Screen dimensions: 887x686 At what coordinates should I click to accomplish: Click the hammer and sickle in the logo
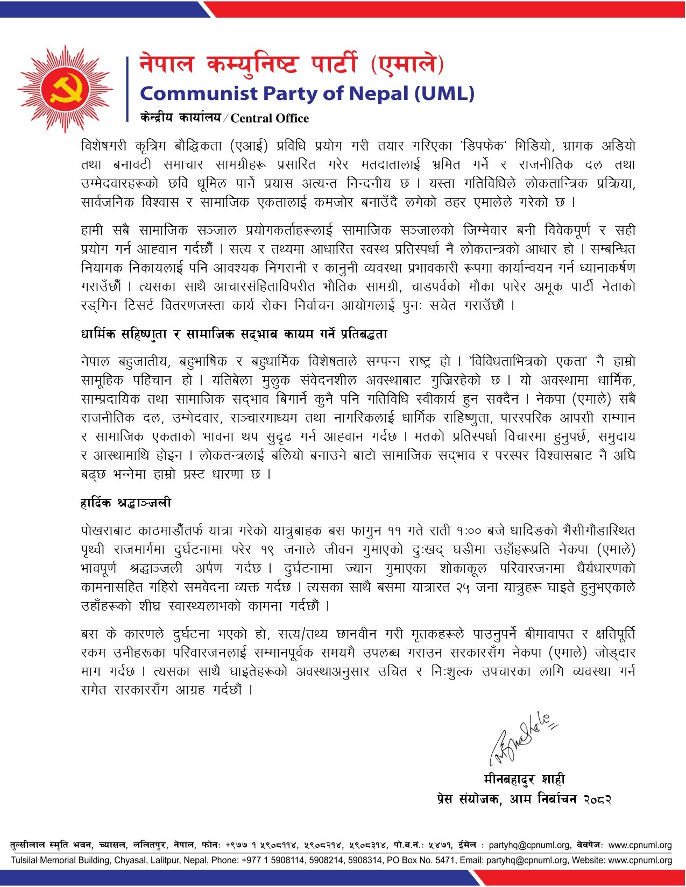pyautogui.click(x=66, y=89)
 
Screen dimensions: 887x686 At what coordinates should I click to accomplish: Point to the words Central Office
pyautogui.click(x=270, y=118)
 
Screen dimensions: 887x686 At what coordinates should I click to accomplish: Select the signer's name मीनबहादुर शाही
pyautogui.click(x=524, y=779)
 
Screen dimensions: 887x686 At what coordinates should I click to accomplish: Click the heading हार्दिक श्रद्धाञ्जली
pyautogui.click(x=126, y=503)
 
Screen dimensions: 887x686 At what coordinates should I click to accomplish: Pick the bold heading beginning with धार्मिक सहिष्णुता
pyautogui.click(x=234, y=334)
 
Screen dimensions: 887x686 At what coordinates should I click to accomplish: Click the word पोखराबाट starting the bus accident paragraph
pyautogui.click(x=106, y=531)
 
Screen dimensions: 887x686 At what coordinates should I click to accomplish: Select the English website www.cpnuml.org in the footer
pyautogui.click(x=640, y=860)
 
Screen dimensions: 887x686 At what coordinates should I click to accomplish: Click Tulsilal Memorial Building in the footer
pyautogui.click(x=61, y=860)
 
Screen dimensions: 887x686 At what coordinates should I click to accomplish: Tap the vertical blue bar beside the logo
pyautogui.click(x=128, y=88)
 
